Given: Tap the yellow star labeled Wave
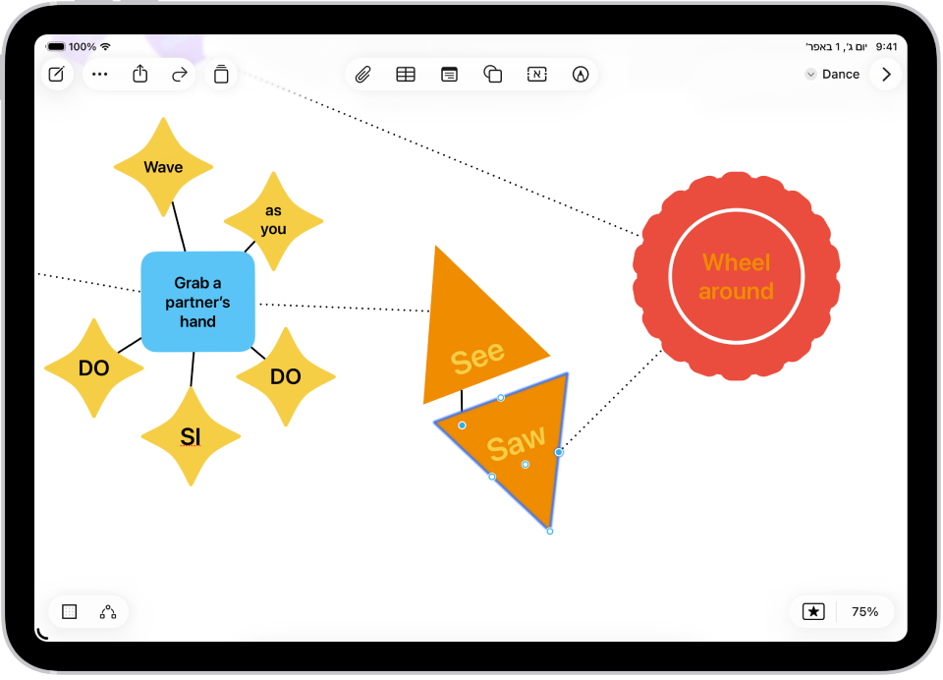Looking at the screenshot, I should click(163, 167).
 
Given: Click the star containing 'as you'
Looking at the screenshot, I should click(273, 221).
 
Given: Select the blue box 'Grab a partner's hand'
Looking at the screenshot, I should click(197, 302).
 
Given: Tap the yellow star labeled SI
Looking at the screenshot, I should click(191, 436).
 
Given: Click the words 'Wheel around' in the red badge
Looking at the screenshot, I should click(737, 277).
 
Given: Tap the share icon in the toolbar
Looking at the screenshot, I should click(139, 74).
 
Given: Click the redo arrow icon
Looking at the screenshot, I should click(180, 74).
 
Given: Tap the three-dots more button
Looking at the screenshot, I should click(99, 74).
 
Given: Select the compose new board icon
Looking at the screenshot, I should click(57, 74).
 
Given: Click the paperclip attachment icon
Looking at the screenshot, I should click(362, 74).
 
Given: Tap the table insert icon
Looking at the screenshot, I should click(406, 74).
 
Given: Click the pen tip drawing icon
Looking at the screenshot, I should click(581, 74).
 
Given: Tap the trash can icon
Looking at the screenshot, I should click(221, 74).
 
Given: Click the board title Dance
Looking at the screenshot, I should click(840, 74).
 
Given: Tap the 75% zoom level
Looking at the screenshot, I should click(864, 611).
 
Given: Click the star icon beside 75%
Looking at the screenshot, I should click(813, 611).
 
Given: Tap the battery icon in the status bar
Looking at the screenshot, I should click(56, 46).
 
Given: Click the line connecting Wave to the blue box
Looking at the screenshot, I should click(178, 226).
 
